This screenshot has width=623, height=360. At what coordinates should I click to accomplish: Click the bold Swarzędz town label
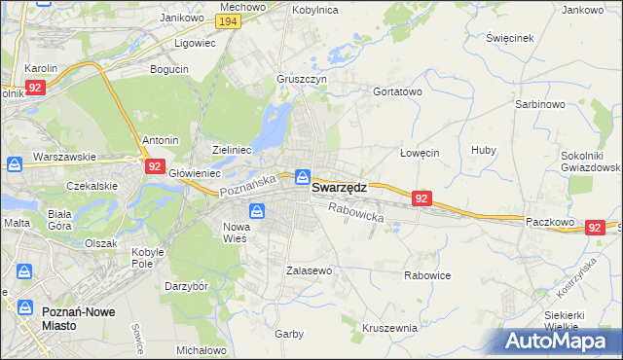click(339, 189)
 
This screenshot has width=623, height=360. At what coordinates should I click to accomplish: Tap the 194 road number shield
click(228, 21)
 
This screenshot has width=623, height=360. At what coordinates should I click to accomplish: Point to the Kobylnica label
click(315, 9)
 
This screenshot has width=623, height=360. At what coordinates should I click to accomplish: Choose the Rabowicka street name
click(355, 212)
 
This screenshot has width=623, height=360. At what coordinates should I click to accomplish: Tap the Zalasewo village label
click(310, 270)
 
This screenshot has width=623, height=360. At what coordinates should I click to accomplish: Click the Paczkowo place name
click(551, 221)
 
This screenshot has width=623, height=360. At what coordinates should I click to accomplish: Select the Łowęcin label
click(421, 153)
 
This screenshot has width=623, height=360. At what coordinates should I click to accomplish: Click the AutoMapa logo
click(563, 342)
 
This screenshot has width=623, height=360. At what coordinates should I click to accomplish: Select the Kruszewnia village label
click(388, 328)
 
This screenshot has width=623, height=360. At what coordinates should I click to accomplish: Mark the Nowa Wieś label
click(230, 232)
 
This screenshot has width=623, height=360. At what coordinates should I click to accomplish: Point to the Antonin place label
click(161, 139)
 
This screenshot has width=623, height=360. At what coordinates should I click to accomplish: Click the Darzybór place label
click(186, 287)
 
